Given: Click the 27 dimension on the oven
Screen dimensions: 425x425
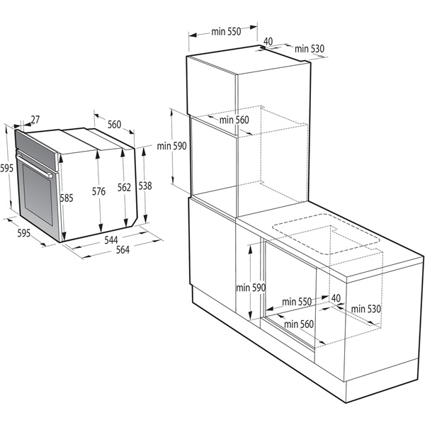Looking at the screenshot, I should pos(35,120).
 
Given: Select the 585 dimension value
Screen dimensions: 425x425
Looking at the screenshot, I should pos(67,198).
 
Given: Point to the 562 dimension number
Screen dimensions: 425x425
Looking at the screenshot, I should pos(125,188).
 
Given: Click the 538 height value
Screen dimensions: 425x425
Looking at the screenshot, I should pos(144,186).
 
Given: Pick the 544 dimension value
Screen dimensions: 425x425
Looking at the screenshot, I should pos(110,240).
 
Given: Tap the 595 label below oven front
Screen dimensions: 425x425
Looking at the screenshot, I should pos(23,232).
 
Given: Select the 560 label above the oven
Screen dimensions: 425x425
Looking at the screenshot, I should pos(114,125).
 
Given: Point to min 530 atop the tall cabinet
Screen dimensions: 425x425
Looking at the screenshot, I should pos(310,48).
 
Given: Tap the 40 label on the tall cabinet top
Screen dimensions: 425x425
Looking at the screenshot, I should pos(268,41).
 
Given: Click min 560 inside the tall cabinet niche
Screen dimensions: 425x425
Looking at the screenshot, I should pos(234,120).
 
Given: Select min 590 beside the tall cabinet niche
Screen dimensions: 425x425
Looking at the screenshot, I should pos(172,146).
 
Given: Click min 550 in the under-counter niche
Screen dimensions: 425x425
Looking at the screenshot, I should pos(297,302).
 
